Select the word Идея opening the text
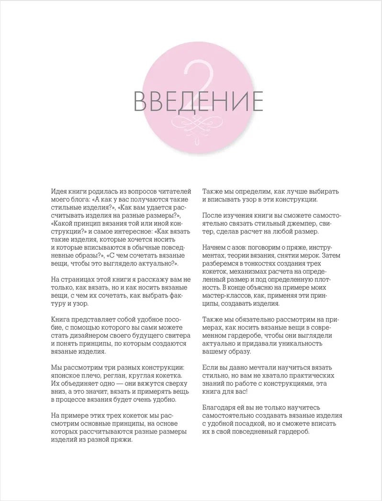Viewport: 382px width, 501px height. [x=59, y=189]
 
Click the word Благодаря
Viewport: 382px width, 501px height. [x=220, y=407]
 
